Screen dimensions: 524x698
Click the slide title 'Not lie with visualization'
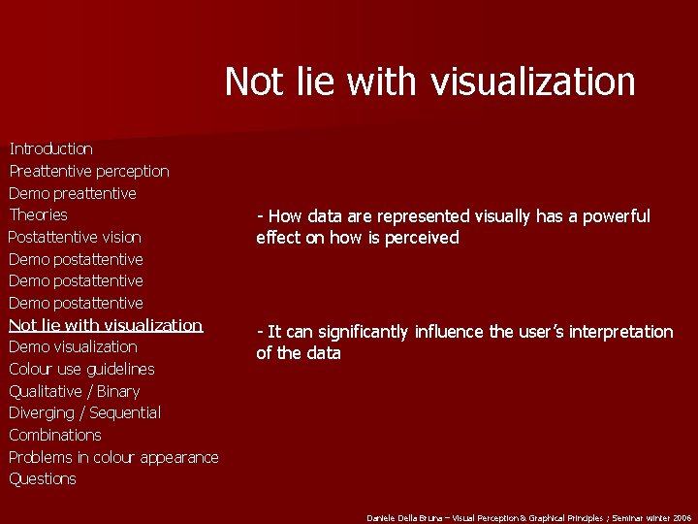429,82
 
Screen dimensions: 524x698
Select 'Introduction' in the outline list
50,148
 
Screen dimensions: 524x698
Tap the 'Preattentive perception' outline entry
89,171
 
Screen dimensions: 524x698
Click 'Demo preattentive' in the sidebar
73,193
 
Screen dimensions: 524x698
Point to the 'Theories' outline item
39,214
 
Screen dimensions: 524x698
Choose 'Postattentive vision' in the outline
75,237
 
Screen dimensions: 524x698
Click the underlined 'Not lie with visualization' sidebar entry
106,325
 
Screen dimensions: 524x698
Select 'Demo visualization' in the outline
73,346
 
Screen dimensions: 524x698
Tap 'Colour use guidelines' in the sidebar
81,369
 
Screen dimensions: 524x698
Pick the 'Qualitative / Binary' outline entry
75,391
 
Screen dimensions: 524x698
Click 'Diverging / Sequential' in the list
85,412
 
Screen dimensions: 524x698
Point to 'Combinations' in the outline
55,435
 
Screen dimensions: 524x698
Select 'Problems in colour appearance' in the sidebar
113,457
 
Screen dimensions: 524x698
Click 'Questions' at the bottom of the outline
43,478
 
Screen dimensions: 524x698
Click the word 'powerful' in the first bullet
618,216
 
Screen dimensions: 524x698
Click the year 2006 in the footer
683,518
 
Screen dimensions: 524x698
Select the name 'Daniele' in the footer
379,518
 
